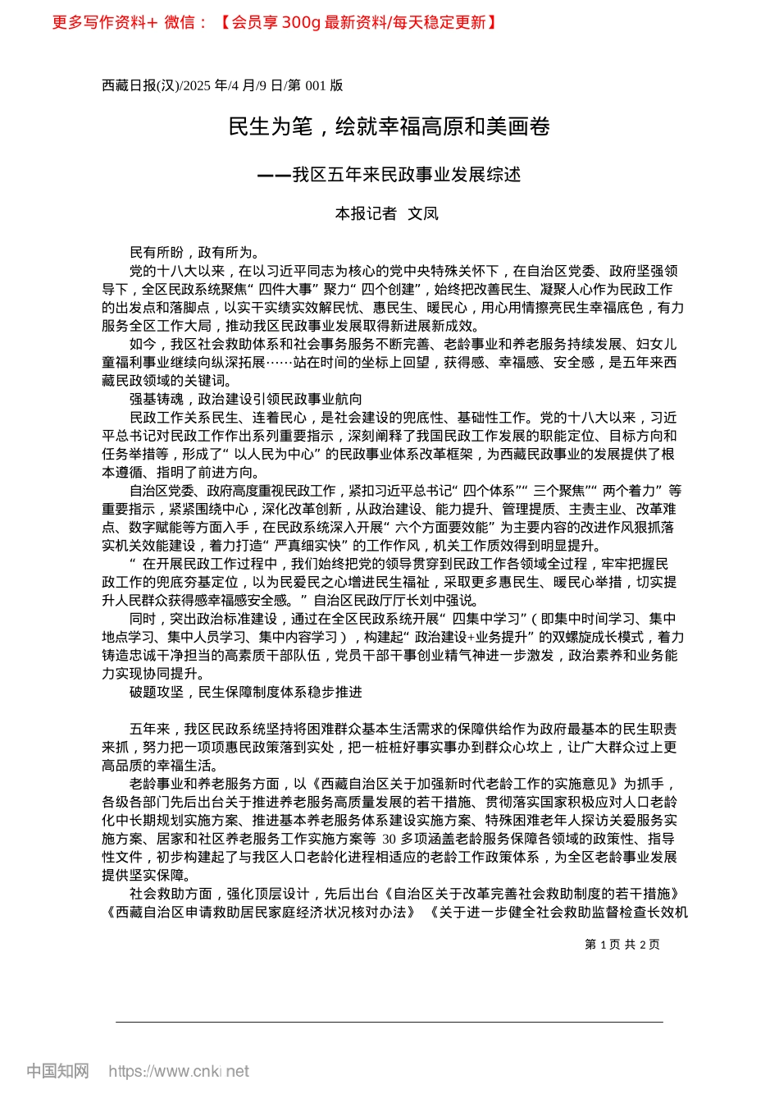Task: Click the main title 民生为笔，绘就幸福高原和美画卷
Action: tap(389, 126)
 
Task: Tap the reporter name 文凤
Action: tap(423, 214)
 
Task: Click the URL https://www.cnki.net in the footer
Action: tap(178, 1071)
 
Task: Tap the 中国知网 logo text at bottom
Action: tap(57, 1071)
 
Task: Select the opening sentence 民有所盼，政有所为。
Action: tap(195, 253)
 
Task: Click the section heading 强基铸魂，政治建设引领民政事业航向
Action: tap(245, 399)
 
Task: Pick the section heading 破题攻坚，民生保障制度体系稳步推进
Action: tap(245, 692)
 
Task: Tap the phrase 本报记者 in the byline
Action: tap(366, 214)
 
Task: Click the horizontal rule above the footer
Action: tap(389, 1022)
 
